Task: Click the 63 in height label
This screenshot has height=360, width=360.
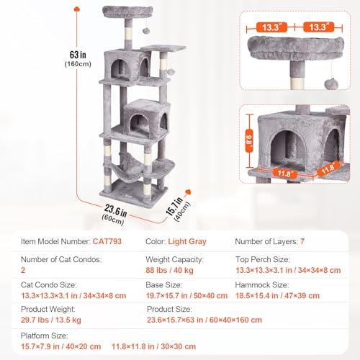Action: (78, 55)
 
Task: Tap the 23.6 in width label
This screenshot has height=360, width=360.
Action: (116, 210)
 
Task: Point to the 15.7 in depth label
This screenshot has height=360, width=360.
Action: (174, 207)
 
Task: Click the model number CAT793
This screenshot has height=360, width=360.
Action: (107, 241)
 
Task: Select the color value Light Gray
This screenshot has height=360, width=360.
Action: (187, 241)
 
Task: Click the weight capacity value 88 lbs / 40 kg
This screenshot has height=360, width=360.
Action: (169, 270)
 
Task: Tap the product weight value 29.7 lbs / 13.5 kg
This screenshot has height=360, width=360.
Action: (51, 320)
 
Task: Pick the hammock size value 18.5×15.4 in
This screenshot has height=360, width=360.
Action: (257, 296)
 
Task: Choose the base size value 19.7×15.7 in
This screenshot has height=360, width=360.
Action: (167, 296)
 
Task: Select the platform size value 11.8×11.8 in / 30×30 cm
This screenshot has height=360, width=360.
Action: (153, 346)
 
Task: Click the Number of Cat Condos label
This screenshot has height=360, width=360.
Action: (61, 259)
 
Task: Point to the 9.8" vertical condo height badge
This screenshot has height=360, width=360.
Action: (249, 140)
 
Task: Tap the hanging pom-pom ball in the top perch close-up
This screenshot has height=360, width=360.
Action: (331, 84)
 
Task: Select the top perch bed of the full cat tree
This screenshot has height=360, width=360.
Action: (127, 12)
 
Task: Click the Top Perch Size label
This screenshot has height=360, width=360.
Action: (263, 259)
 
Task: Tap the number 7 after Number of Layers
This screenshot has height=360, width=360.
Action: (302, 241)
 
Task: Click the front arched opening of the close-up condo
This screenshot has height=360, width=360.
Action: (288, 150)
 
